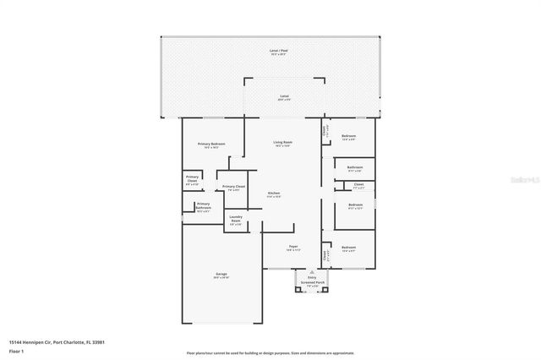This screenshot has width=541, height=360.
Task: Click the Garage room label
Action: [221, 273]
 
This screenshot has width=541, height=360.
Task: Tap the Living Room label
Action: [282, 142]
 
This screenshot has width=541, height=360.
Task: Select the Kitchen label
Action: [274, 194]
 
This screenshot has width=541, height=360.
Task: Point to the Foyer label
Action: [292, 247]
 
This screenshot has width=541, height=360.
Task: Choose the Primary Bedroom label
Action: [211, 144]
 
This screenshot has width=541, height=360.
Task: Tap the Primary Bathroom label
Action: [203, 205]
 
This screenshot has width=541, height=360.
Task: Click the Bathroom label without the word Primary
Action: [354, 166]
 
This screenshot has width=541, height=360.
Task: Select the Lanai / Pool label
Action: [278, 52]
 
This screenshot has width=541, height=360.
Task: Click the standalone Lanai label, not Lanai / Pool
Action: [284, 96]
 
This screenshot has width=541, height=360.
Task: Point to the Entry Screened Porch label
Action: [312, 281]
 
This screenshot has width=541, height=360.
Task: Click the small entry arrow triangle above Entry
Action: [312, 272]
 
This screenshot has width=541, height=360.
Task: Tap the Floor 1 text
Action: [16, 350]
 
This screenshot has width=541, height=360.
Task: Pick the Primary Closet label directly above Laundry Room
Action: [234, 186]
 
